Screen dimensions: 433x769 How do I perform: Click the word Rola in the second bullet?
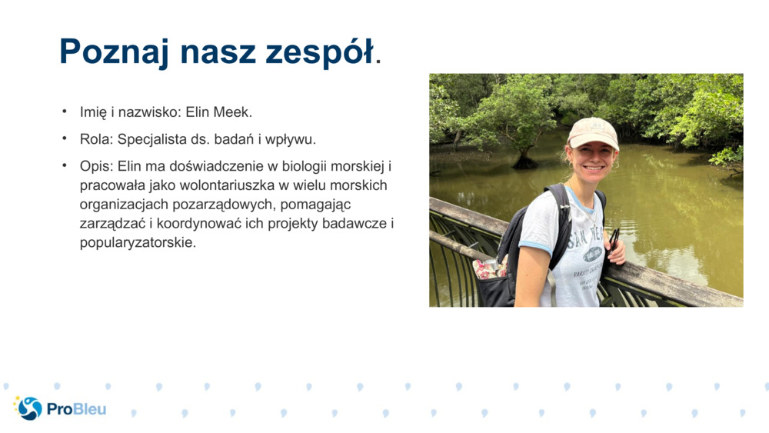coord(95,139)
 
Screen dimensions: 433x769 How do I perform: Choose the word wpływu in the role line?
coord(295,139)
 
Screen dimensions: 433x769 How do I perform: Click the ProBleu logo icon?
coord(29,408)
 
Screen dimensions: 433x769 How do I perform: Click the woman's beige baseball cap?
coord(593,133)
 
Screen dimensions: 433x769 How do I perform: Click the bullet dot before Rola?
coord(65,139)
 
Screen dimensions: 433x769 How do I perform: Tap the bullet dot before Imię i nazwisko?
coord(65,112)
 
